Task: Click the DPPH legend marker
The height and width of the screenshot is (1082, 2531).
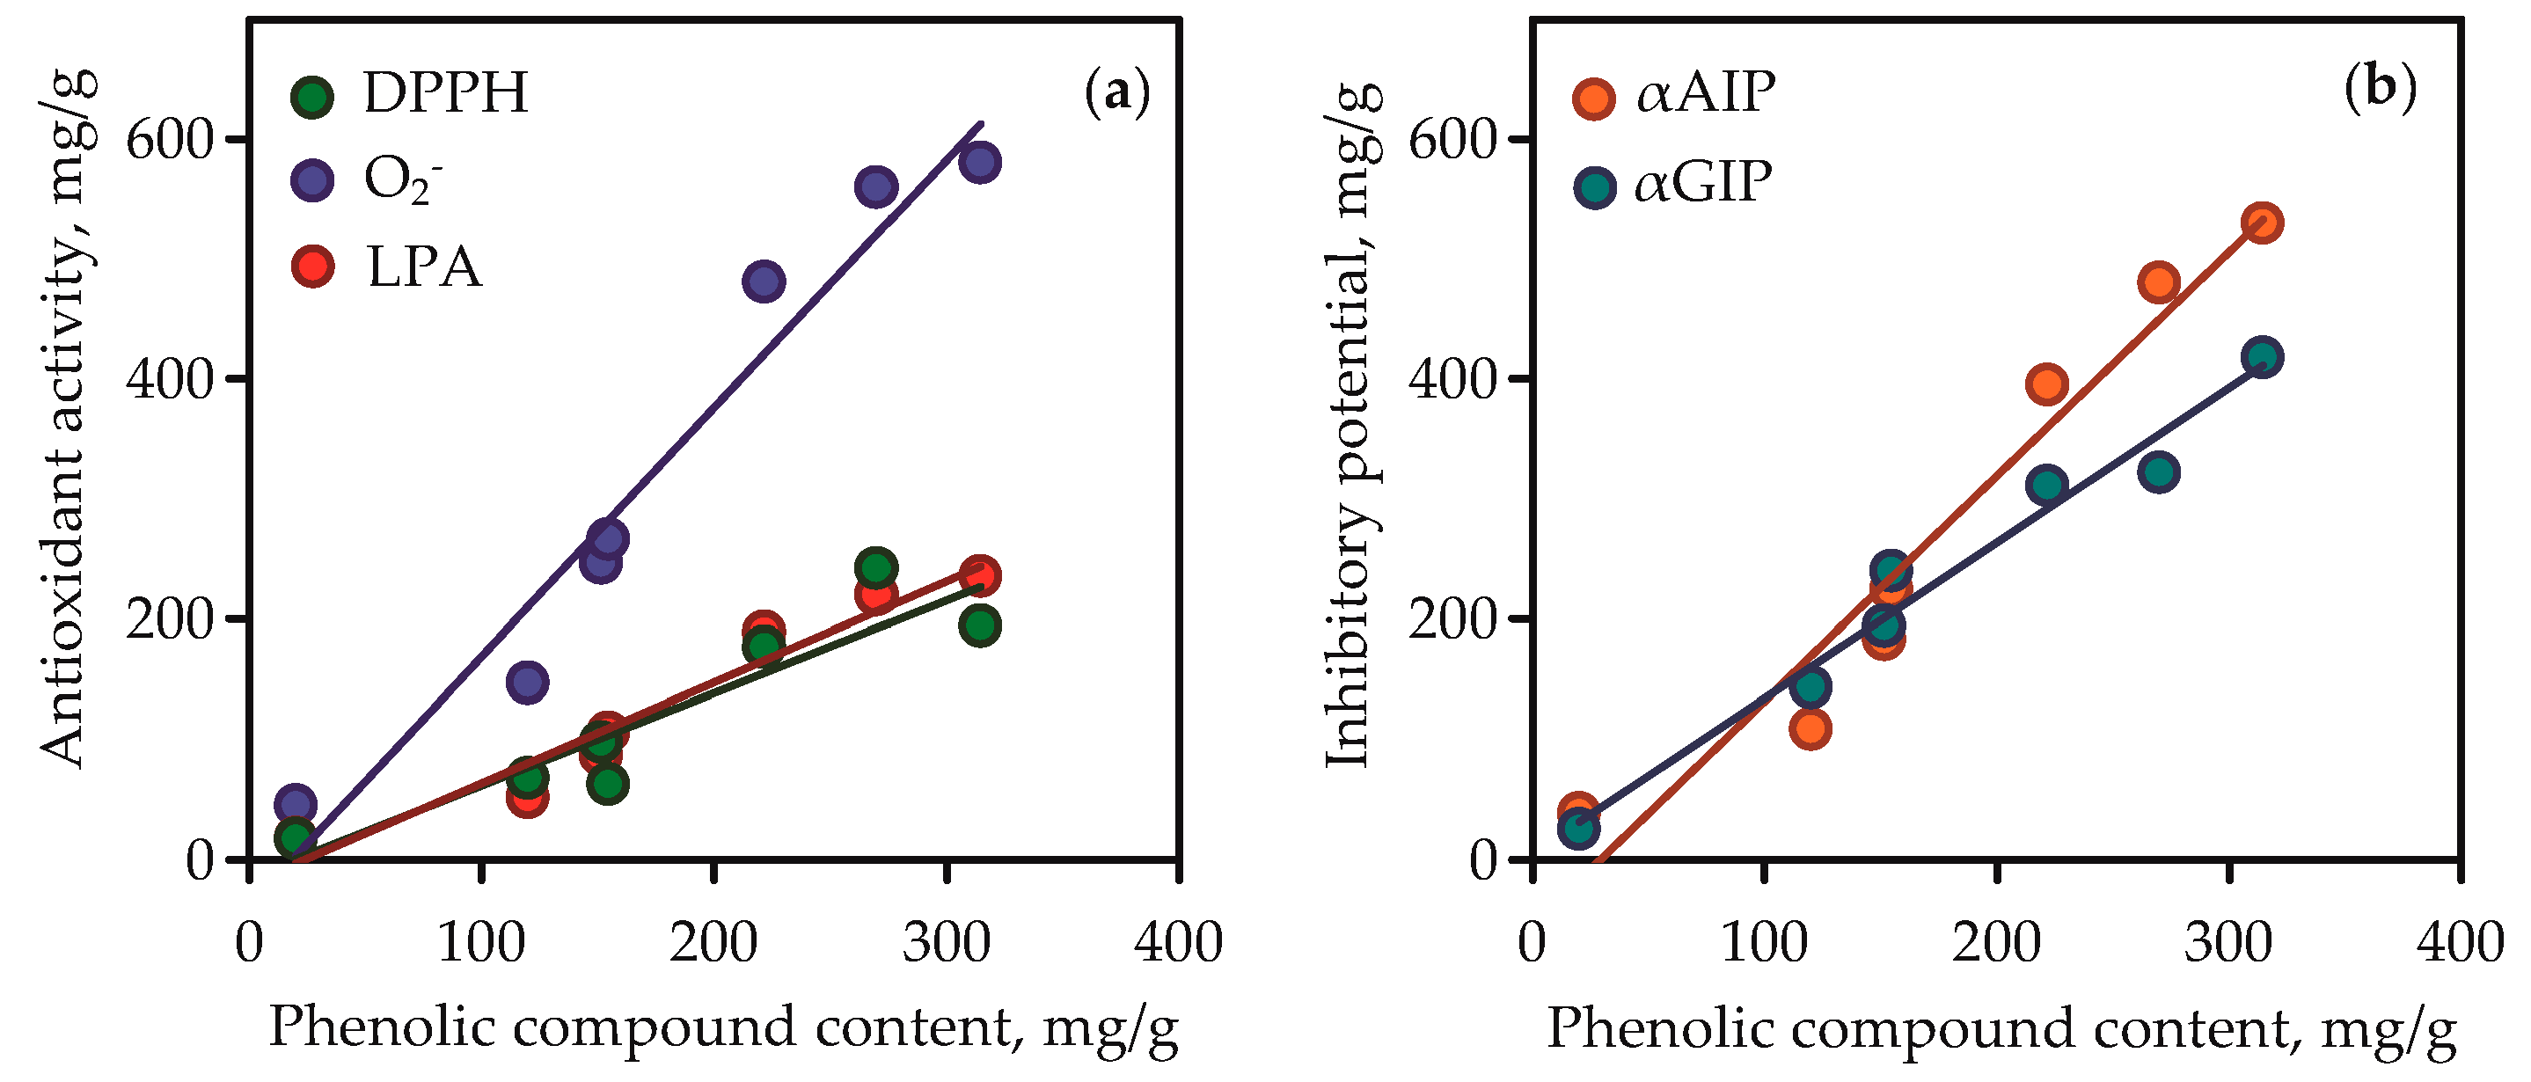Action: [312, 96]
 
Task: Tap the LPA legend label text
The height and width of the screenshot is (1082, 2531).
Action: [424, 267]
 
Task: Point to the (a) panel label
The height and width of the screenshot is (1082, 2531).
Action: [1117, 92]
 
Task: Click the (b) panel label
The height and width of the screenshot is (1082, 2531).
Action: [2380, 89]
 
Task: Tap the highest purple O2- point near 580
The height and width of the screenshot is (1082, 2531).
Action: [979, 161]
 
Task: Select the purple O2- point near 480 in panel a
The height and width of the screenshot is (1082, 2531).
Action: [764, 281]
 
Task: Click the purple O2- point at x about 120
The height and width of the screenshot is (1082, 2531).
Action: [528, 682]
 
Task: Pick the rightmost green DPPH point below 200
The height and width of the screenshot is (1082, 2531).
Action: [979, 625]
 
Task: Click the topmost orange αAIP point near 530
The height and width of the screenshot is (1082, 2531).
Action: [2261, 223]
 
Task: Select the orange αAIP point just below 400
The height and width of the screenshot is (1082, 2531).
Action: [2046, 384]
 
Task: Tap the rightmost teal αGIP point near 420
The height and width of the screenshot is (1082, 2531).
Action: [2262, 357]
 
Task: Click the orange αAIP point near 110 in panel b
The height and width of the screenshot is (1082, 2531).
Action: [1809, 729]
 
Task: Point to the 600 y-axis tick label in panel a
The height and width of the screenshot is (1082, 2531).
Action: [170, 141]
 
